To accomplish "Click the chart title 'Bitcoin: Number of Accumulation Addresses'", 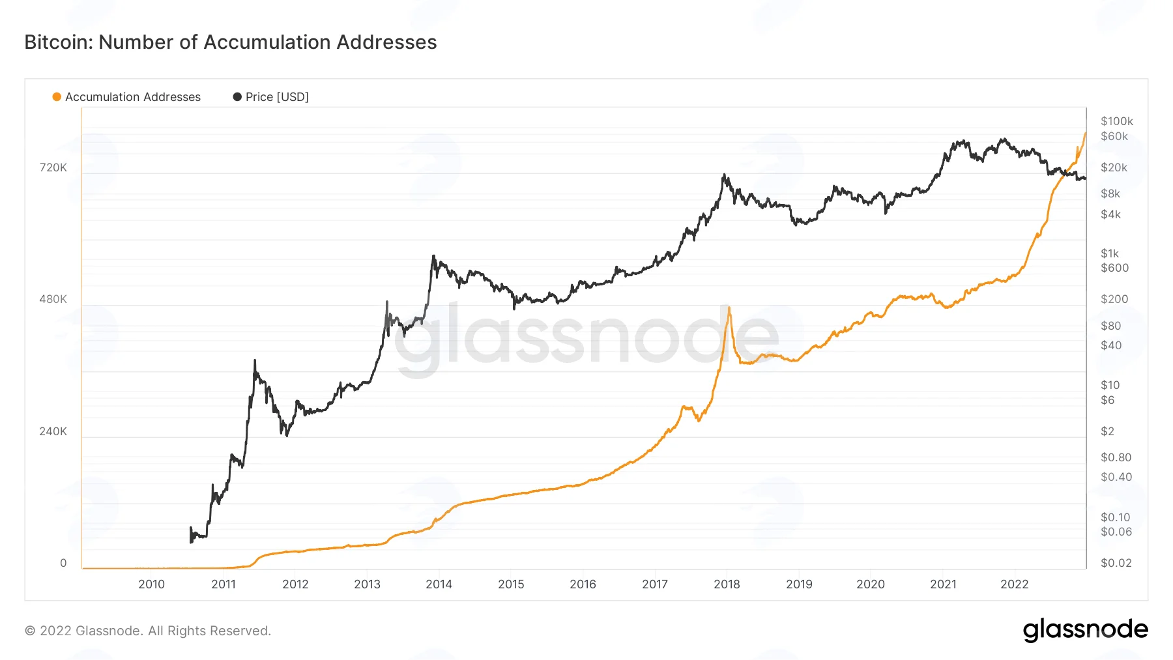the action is [x=231, y=42].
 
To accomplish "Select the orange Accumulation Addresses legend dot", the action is [x=57, y=97].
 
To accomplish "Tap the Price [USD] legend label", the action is [x=277, y=97].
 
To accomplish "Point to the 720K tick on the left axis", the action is [x=53, y=167].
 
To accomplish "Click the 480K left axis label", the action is [x=53, y=299].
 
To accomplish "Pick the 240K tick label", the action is [x=53, y=431].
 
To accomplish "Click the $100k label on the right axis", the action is [x=1117, y=121].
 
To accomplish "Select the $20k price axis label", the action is [x=1114, y=167].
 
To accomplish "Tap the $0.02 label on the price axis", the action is [x=1116, y=563].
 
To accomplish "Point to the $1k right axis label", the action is [x=1110, y=253].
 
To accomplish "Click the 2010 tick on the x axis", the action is [x=152, y=584].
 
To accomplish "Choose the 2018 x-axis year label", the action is [x=727, y=584].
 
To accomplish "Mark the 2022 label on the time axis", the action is [x=1015, y=584].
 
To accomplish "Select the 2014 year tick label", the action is [x=439, y=584].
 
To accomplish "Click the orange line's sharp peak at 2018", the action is [x=729, y=308].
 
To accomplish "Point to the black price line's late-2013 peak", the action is [x=433, y=256].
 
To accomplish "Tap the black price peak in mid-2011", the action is [x=255, y=360].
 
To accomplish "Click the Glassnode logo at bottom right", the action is [x=1086, y=630].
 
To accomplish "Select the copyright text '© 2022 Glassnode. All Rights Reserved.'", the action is [x=148, y=631].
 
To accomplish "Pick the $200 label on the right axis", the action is [x=1114, y=299].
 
